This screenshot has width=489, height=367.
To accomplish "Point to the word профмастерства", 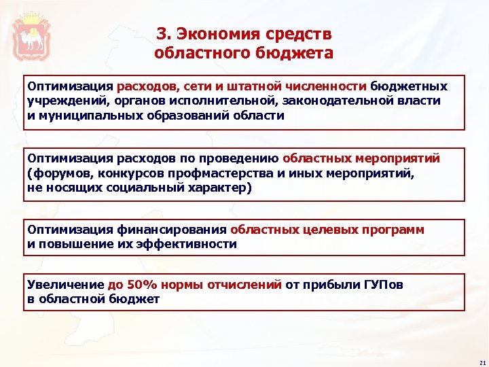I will (x=212, y=173).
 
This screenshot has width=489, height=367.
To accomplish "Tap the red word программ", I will (x=392, y=230).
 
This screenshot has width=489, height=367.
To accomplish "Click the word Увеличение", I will (x=65, y=285).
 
